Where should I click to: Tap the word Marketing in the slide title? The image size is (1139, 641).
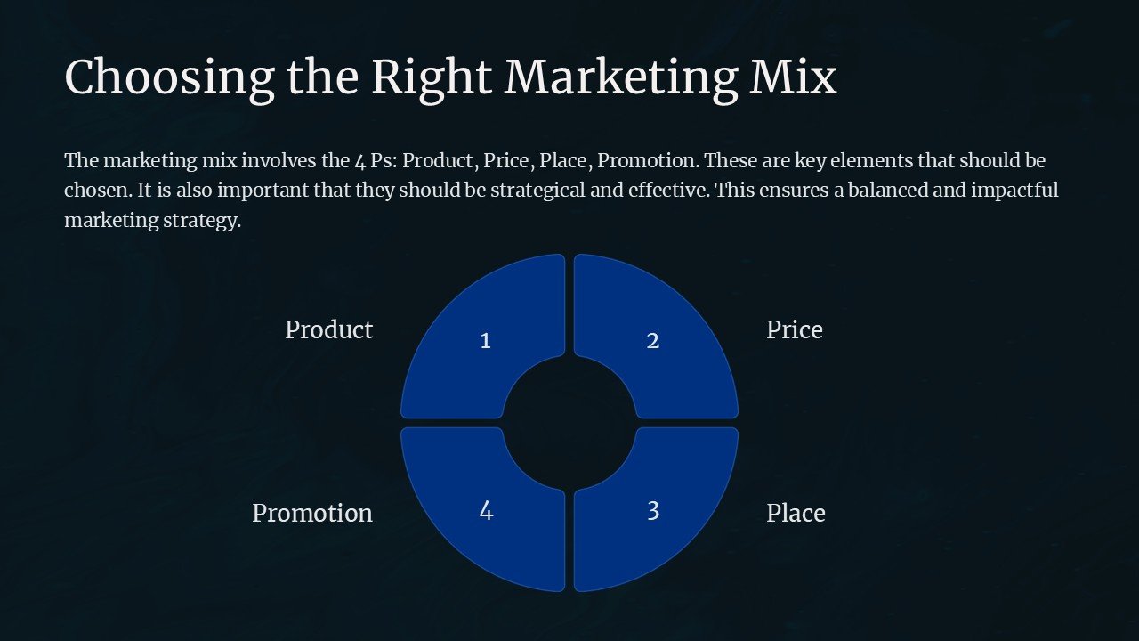pyautogui.click(x=621, y=77)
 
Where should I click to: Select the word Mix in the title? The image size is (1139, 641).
pyautogui.click(x=793, y=77)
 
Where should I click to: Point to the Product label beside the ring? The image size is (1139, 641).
pyautogui.click(x=328, y=330)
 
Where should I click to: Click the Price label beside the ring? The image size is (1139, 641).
pyautogui.click(x=794, y=330)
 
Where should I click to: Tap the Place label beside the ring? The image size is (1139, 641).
pyautogui.click(x=796, y=514)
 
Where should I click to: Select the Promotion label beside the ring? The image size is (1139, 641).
pyautogui.click(x=311, y=514)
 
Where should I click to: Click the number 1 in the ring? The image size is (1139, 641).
pyautogui.click(x=485, y=341)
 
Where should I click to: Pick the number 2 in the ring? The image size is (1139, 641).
pyautogui.click(x=652, y=341)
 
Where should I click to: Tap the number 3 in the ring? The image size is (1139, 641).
pyautogui.click(x=652, y=511)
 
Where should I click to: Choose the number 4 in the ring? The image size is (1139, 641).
pyautogui.click(x=486, y=511)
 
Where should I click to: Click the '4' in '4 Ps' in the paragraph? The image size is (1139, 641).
pyautogui.click(x=359, y=162)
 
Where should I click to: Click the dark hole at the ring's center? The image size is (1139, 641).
pyautogui.click(x=569, y=423)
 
